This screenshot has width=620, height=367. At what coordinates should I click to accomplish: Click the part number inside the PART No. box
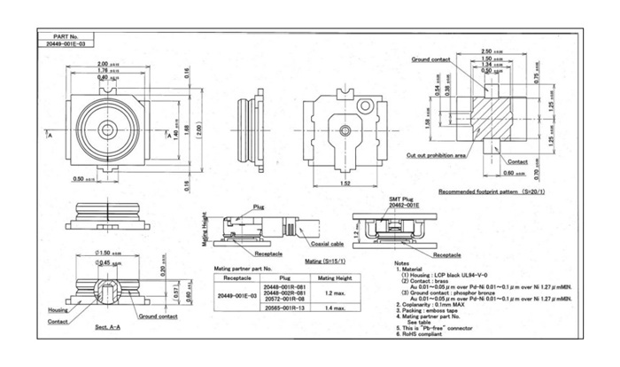67,42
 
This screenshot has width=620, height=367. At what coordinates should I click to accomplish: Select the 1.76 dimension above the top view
102,71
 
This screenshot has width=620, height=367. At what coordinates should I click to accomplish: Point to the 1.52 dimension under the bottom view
344,184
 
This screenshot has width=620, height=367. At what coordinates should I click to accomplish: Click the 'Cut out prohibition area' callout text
438,154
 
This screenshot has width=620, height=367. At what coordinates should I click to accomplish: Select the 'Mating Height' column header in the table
336,277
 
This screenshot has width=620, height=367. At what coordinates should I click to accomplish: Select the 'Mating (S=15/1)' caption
326,262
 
